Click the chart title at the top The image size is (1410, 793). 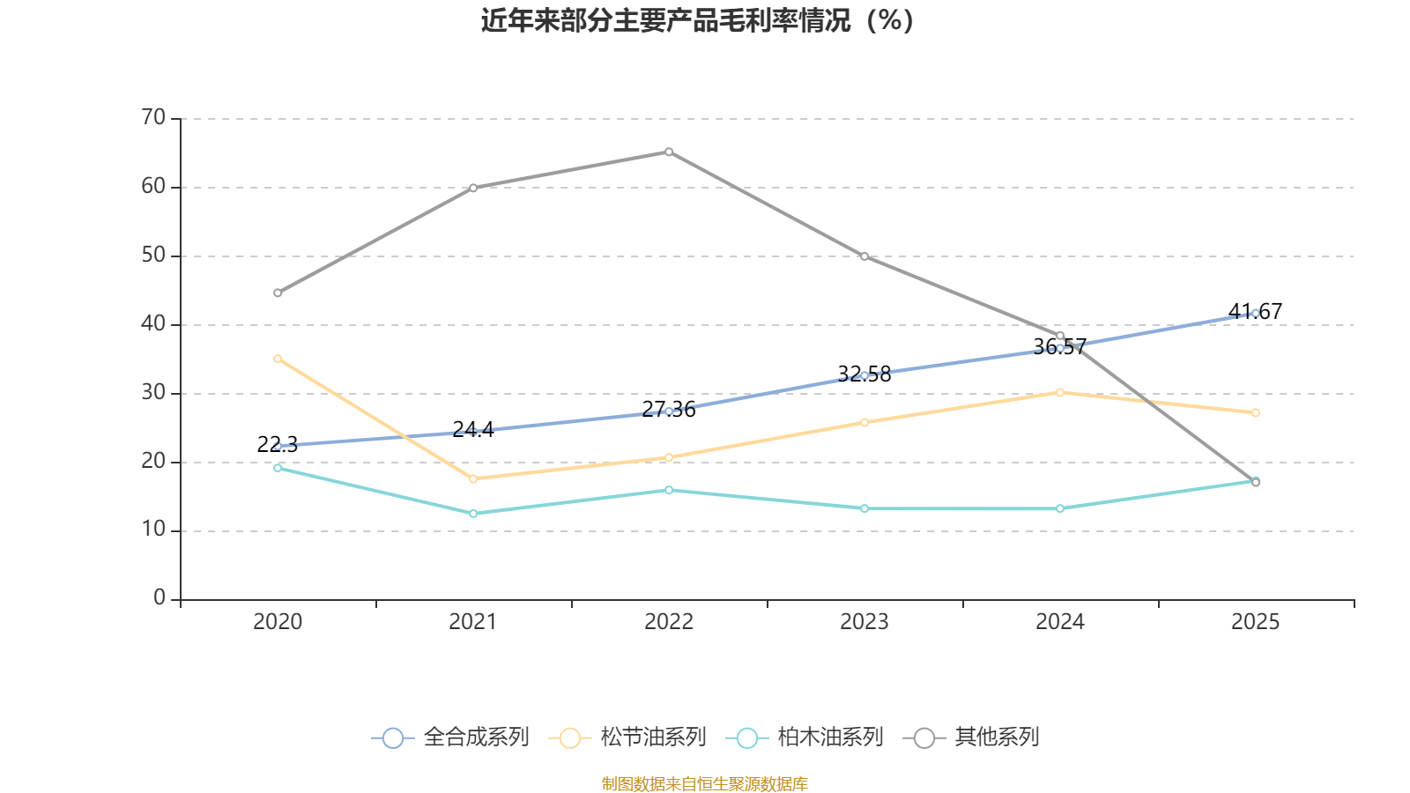tap(697, 21)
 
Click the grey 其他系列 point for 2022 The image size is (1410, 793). tap(669, 152)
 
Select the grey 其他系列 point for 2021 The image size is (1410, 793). tap(473, 188)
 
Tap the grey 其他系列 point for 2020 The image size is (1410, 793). tap(278, 293)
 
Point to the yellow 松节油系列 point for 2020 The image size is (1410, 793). tap(278, 359)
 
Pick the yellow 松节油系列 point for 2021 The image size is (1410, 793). tap(473, 479)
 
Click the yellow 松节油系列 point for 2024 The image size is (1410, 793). tap(1060, 392)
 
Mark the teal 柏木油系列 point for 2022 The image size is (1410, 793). tap(669, 490)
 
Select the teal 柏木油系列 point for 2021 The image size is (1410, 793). tap(473, 514)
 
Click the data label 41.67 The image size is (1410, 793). tap(1255, 312)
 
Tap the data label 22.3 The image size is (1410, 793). tap(278, 444)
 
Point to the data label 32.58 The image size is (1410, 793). tap(865, 374)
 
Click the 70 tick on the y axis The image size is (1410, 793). tap(153, 117)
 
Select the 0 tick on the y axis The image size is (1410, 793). tap(160, 597)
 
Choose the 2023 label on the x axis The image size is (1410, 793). tap(865, 622)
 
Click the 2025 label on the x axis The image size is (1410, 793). tap(1255, 622)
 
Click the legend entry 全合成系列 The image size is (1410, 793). tap(450, 737)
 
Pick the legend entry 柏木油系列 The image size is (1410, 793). tap(805, 737)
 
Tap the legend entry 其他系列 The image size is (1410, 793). tap(970, 737)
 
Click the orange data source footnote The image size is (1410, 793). tap(704, 783)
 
